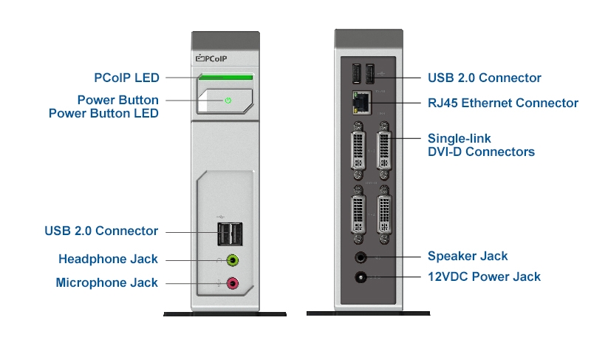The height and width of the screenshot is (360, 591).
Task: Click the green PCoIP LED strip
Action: [x=225, y=77]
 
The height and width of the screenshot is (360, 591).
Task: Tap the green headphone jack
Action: [x=233, y=259]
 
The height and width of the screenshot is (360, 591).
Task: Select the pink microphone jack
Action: [x=233, y=282]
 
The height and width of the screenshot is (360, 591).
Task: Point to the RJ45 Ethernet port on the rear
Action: [x=362, y=103]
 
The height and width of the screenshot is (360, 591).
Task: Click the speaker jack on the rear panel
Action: [x=361, y=257]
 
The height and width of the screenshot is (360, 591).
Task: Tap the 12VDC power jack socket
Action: [x=361, y=277]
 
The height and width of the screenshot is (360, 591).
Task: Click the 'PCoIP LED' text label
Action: [x=126, y=78]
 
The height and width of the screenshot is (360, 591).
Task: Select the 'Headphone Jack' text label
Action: [x=108, y=259]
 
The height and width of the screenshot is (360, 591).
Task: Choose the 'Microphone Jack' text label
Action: [x=106, y=282]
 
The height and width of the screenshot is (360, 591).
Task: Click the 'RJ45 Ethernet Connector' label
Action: [x=503, y=103]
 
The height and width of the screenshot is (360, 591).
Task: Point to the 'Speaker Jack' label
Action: [x=468, y=256]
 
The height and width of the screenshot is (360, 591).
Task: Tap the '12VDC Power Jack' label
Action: [x=484, y=276]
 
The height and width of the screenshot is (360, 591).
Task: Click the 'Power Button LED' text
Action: [x=103, y=113]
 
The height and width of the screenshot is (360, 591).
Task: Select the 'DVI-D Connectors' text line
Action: [x=481, y=152]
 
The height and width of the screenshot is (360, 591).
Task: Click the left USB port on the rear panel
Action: [x=356, y=74]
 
